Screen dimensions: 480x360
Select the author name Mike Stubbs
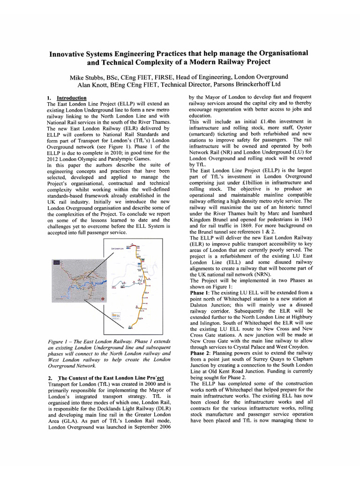pyautogui.click(x=88, y=76)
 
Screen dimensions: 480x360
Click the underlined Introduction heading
pyautogui.click(x=71, y=98)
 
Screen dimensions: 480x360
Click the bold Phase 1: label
pyautogui.click(x=200, y=292)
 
